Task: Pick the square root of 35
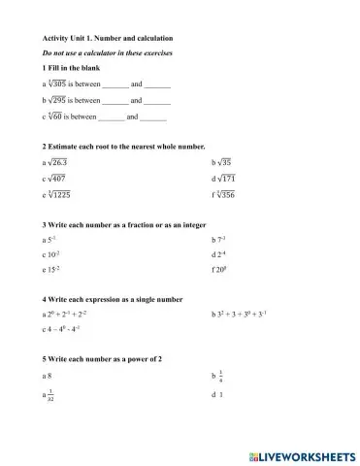click(x=223, y=162)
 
